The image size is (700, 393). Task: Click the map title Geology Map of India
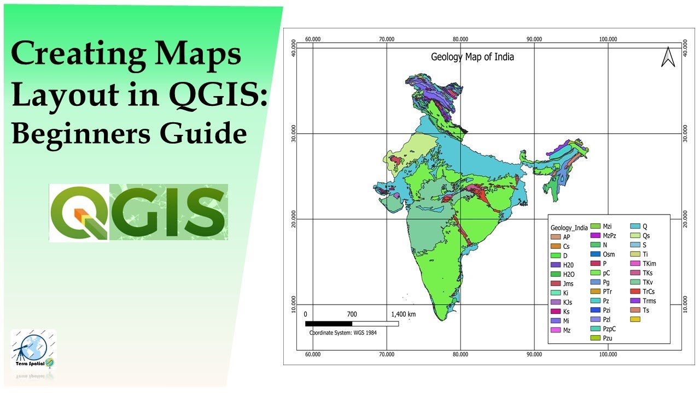point(472,57)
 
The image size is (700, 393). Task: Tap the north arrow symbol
point(668,57)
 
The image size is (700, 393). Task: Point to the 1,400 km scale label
point(403,314)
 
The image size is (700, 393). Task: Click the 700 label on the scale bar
point(352,314)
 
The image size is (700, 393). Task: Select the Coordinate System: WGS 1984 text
point(343,332)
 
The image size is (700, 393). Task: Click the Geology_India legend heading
point(569,228)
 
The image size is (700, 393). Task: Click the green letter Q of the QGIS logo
point(78,213)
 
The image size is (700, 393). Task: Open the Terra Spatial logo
point(33,350)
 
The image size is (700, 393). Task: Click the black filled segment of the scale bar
point(328,324)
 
